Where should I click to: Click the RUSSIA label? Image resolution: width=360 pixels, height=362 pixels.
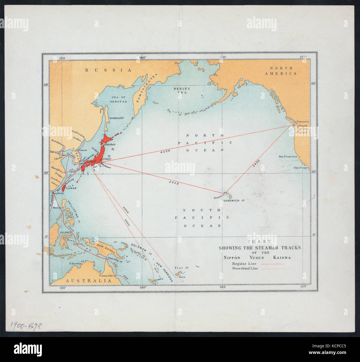pyautogui.click(x=108, y=70)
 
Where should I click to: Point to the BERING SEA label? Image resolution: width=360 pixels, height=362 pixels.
pyautogui.click(x=182, y=91)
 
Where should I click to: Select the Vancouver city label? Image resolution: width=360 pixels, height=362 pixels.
pyautogui.click(x=303, y=121)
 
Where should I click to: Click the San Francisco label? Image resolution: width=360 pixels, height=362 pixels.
pyautogui.click(x=288, y=157)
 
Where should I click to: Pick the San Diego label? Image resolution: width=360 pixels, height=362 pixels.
pyautogui.click(x=300, y=168)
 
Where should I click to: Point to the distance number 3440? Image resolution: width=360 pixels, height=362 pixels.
pyautogui.click(x=174, y=183)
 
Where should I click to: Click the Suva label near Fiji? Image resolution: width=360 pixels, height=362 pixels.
pyautogui.click(x=182, y=277)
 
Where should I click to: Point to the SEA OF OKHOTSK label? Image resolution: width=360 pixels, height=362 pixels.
pyautogui.click(x=119, y=100)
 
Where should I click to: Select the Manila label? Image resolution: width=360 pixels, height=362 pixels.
pyautogui.click(x=57, y=207)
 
